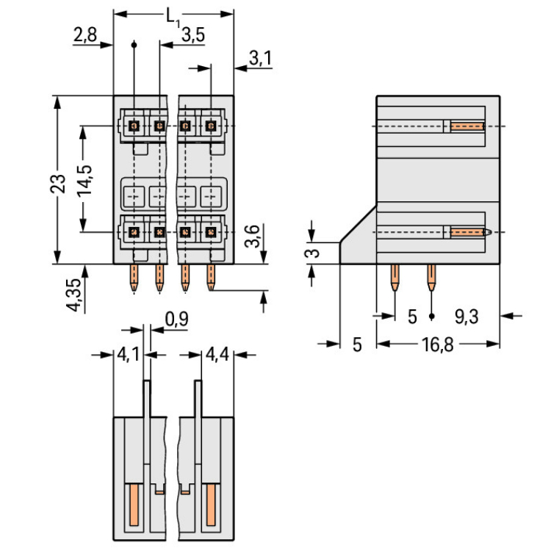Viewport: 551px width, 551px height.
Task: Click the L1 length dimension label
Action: (x=173, y=16)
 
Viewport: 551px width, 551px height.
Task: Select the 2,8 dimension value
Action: (x=84, y=35)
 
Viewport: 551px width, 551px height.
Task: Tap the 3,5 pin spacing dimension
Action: (x=192, y=34)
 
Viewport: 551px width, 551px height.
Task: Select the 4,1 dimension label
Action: (x=129, y=356)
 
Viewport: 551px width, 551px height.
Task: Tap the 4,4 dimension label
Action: (x=217, y=356)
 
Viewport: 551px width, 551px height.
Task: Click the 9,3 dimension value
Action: (x=466, y=317)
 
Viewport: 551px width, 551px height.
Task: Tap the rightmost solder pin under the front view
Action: (x=211, y=277)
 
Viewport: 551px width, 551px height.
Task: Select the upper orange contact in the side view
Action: (x=467, y=126)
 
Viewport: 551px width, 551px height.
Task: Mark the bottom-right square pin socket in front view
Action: (x=211, y=233)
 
